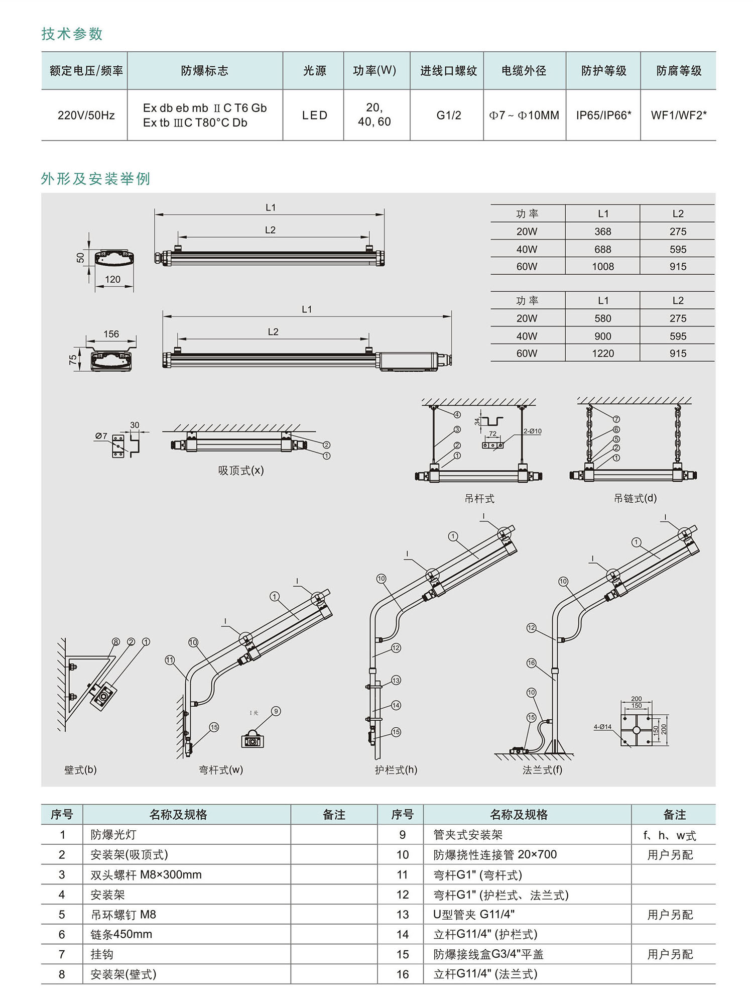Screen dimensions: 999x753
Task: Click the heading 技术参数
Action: click(x=72, y=34)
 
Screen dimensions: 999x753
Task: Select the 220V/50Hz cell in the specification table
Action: click(x=86, y=116)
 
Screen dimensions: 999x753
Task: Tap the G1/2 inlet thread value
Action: click(x=448, y=116)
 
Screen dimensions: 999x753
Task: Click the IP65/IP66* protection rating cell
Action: click(x=603, y=116)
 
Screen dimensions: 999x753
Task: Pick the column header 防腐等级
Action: click(x=679, y=71)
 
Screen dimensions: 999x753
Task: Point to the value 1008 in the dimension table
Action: click(x=602, y=267)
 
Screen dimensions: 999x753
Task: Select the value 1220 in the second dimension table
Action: click(x=602, y=354)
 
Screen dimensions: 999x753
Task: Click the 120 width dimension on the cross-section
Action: click(x=112, y=280)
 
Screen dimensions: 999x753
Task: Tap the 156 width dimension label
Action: click(x=111, y=334)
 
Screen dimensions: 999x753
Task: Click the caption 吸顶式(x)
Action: click(x=240, y=471)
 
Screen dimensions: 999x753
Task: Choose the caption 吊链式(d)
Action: click(x=635, y=498)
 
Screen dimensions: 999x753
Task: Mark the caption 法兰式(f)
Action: click(x=542, y=770)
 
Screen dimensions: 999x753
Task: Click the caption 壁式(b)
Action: click(x=80, y=770)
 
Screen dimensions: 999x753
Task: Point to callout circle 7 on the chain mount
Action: click(x=616, y=419)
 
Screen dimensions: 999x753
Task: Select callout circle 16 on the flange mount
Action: click(x=531, y=663)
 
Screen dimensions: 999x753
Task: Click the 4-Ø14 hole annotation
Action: click(x=602, y=727)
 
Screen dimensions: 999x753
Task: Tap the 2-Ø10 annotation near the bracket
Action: click(x=532, y=431)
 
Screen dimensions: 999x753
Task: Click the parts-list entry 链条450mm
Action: click(x=121, y=934)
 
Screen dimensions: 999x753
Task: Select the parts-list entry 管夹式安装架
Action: click(x=468, y=835)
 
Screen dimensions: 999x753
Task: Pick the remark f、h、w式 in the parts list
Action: click(x=670, y=836)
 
